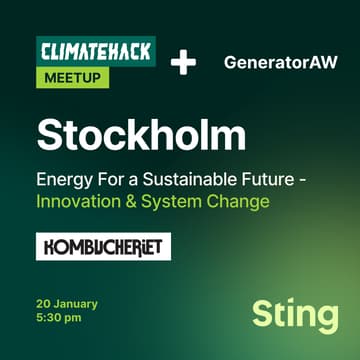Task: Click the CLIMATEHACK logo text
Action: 94,50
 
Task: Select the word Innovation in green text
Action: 76,202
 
